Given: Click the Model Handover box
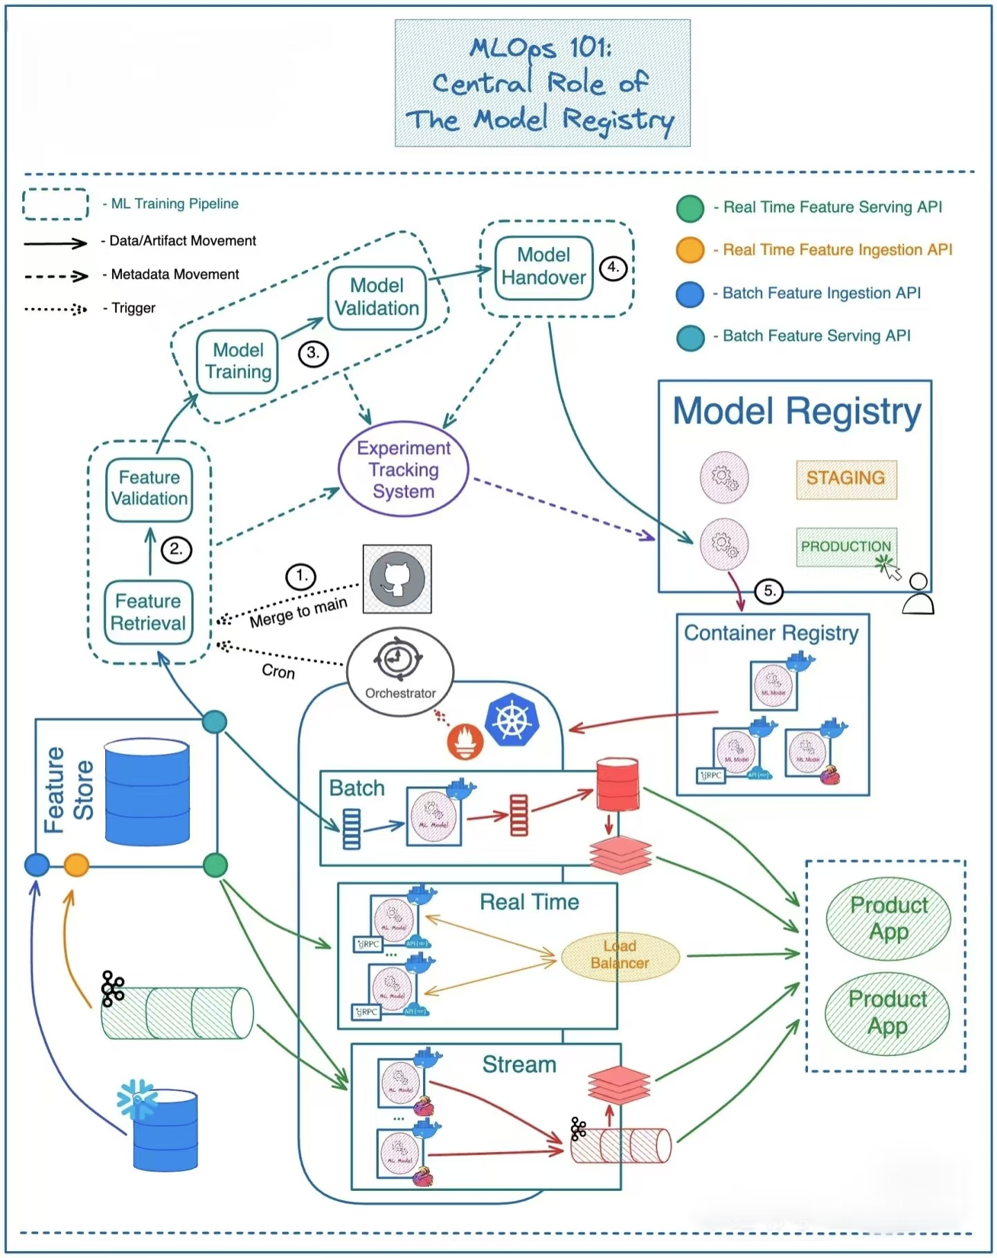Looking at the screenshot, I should click(544, 267).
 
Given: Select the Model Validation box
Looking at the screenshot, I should click(377, 298).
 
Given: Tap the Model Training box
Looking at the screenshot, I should click(237, 361).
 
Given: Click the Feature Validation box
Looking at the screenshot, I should click(149, 489).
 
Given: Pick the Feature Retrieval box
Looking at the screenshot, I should click(148, 612).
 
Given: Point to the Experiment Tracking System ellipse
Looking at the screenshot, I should click(404, 470).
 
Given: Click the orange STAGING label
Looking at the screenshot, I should click(846, 478).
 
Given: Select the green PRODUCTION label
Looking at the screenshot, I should click(845, 547).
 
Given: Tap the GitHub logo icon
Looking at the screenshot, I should click(397, 578).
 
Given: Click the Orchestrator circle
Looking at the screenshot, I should click(399, 671).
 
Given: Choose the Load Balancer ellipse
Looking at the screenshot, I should click(620, 955).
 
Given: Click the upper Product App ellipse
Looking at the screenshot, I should click(888, 918).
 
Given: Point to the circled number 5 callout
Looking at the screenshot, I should click(769, 591).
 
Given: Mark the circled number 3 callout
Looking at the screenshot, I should click(313, 354).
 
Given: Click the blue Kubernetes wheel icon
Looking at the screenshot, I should click(512, 720).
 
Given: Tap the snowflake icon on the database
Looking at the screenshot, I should click(136, 1099).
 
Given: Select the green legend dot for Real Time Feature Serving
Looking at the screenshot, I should click(690, 208).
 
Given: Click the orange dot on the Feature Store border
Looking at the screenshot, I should click(76, 865).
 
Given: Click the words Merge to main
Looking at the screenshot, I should click(298, 613).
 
